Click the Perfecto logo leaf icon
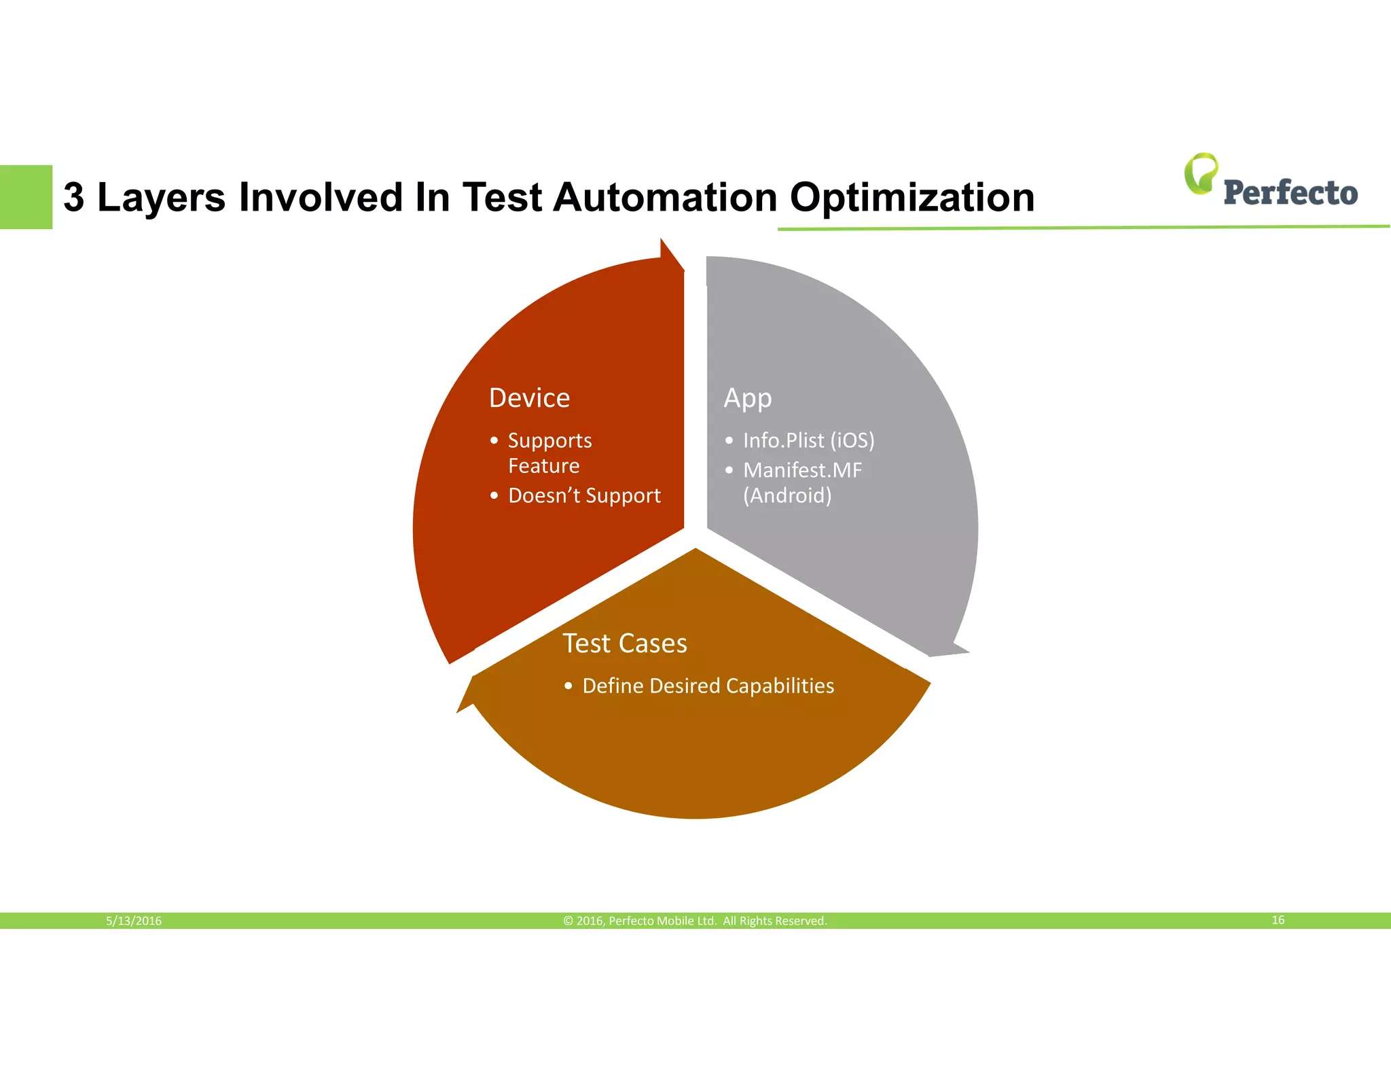point(1201,173)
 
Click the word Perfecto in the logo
point(1290,193)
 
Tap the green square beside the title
point(26,197)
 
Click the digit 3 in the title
point(74,198)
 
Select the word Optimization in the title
point(911,198)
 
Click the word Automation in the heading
point(665,198)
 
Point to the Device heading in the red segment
point(529,398)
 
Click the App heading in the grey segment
point(747,398)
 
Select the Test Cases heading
point(624,643)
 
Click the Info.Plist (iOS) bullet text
point(808,440)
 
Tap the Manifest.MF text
point(802,470)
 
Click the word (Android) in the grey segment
point(787,495)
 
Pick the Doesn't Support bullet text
point(584,495)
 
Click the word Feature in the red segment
point(543,466)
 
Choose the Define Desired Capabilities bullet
point(708,686)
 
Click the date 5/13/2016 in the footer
point(134,921)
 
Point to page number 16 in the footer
point(1278,920)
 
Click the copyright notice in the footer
point(695,921)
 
